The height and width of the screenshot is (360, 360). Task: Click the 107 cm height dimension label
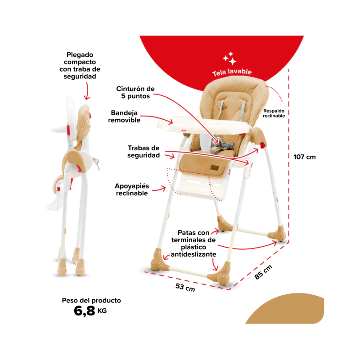pos(305,157)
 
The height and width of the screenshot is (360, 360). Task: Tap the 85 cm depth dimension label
pos(263,272)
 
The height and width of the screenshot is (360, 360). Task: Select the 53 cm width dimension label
pos(185,287)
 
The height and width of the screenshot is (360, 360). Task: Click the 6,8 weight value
pos(84,311)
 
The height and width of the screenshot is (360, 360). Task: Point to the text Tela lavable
pos(232,72)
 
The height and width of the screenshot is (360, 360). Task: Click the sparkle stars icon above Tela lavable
pos(229,58)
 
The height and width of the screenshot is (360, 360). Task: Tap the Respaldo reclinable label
pos(274,113)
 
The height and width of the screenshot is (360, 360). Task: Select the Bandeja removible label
pos(124,117)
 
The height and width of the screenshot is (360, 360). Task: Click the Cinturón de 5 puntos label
pos(135,92)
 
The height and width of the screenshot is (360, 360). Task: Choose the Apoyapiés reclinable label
pos(132,189)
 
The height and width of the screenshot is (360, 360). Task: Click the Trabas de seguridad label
pos(144,152)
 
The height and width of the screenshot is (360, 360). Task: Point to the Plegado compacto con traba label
pos(80,65)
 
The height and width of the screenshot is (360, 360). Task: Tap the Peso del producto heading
pos(91,300)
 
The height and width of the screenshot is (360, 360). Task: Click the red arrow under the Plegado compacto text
pos(87,91)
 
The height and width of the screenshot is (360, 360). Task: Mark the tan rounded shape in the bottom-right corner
pos(287,310)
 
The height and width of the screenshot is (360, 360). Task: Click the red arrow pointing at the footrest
pos(159,189)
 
